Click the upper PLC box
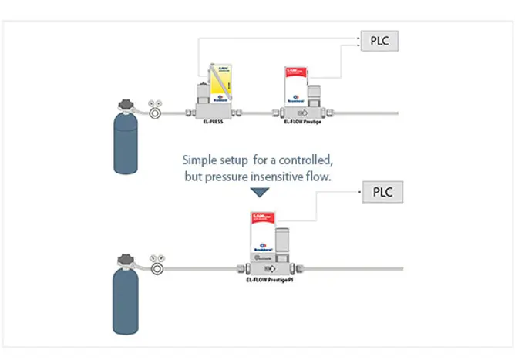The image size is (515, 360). [379, 40]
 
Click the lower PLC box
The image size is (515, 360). [383, 192]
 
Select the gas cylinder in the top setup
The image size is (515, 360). [128, 141]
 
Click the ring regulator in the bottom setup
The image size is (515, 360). [156, 267]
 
